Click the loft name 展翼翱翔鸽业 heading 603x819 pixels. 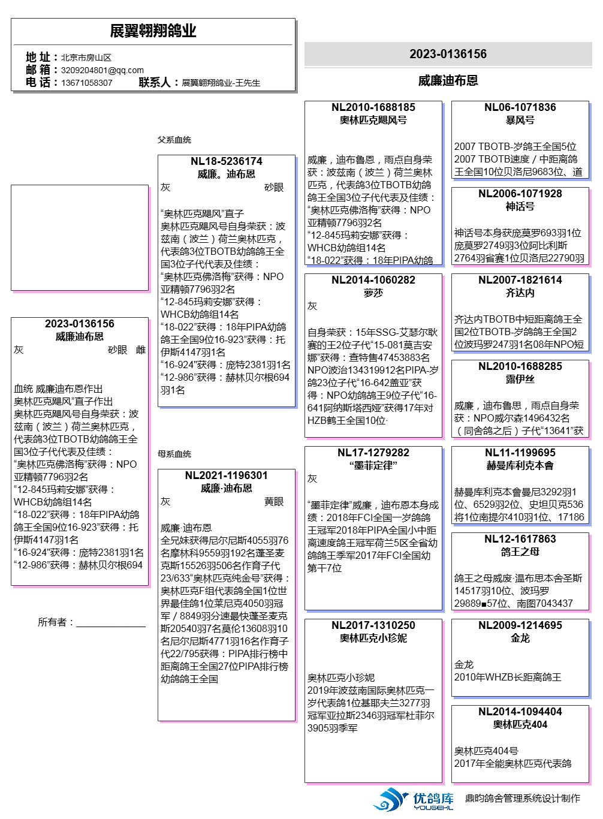coord(153,31)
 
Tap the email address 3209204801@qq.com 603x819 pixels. coord(102,70)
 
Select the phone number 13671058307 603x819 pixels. coord(86,83)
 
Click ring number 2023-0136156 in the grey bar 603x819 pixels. coord(448,54)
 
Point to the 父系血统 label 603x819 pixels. coord(174,140)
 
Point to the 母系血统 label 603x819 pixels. coord(174,454)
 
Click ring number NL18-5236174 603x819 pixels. coord(226,161)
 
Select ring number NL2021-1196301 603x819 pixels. coord(226,475)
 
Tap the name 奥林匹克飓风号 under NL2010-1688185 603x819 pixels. coord(373,120)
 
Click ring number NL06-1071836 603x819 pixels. coord(520,107)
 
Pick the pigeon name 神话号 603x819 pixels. coord(520,206)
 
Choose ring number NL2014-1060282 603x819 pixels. coord(373,280)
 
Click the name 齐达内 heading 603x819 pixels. coord(520,293)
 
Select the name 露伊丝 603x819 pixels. coord(520,379)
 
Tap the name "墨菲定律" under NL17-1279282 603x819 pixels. coord(373,465)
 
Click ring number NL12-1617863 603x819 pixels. coord(520,539)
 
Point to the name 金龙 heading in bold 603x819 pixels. coord(520,638)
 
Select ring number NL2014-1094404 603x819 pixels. coord(520,712)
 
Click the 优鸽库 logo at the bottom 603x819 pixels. coord(414,800)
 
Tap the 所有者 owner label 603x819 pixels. coord(55,622)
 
